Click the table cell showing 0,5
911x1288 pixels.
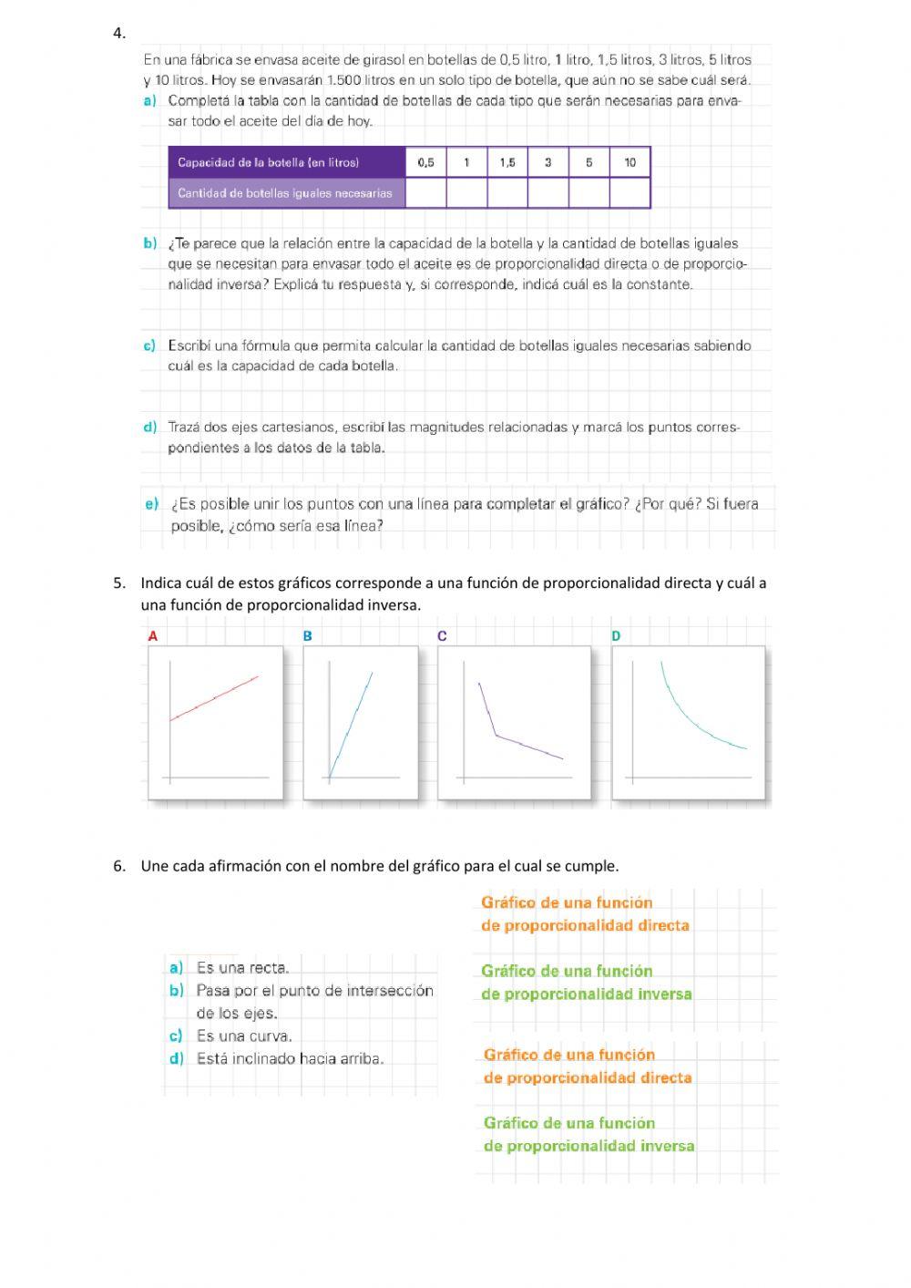coord(425,162)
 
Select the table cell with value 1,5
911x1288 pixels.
coord(507,162)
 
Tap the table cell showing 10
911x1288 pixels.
coord(630,162)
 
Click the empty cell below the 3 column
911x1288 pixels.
coord(548,193)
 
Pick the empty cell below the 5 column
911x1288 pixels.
coord(589,193)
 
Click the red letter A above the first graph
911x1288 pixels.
coord(153,636)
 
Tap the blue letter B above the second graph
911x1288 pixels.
coord(308,636)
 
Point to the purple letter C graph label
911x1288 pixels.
coord(442,636)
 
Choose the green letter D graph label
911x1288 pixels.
coord(616,636)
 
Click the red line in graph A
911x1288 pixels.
coord(215,698)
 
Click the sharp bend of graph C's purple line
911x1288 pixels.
coord(496,735)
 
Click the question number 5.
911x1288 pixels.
coord(118,583)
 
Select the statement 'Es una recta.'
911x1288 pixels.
coord(242,968)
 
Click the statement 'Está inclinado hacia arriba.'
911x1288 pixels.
coord(290,1059)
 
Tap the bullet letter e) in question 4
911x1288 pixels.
coord(151,504)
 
